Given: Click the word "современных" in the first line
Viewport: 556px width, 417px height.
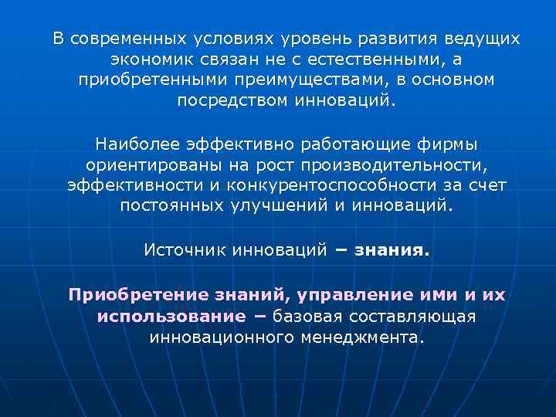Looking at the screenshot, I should coord(125,39).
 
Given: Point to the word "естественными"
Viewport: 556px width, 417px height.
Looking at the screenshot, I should coord(371,59).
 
